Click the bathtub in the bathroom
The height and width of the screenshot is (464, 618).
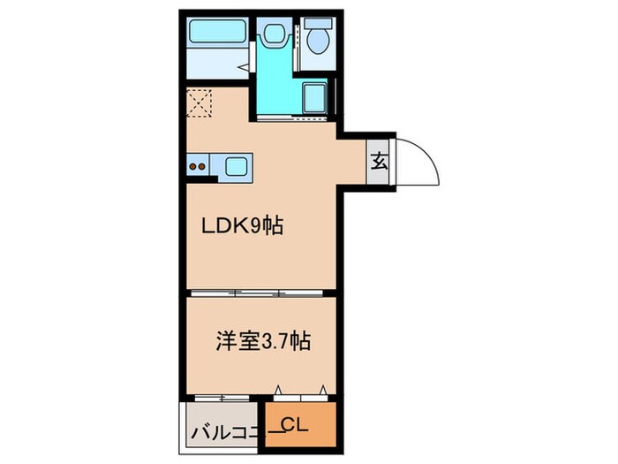coord(219,36)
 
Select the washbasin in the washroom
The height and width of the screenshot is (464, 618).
coord(272,34)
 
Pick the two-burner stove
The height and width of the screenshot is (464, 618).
coord(199,165)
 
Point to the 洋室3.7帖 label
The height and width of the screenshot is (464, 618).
coord(262,340)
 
